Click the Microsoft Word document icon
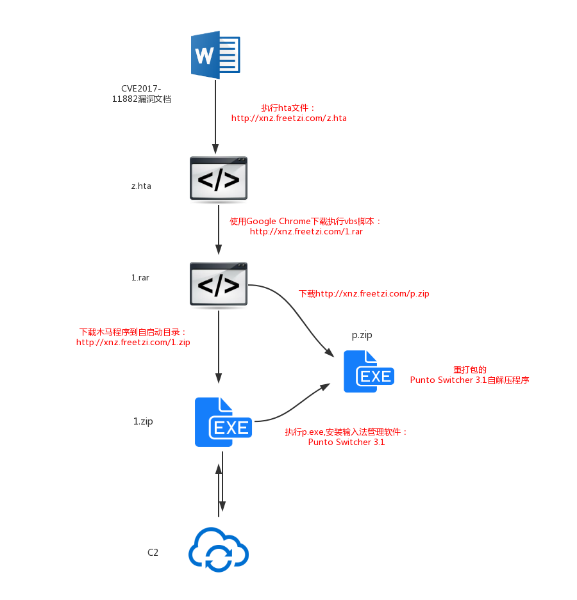coord(215,54)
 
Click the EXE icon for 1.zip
coord(223,422)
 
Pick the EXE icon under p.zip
coord(369,371)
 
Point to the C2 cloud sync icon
coord(219,549)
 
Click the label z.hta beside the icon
coord(142,186)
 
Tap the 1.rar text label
coord(140,277)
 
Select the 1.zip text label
coord(143,421)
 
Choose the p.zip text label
coord(362,335)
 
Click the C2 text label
coord(153,552)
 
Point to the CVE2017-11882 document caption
coord(142,93)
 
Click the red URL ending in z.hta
coord(289,118)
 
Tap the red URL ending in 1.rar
coord(306,232)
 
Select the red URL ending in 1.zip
coord(133,342)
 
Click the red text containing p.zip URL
coord(364,293)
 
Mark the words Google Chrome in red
coord(278,221)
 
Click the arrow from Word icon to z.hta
coord(215,117)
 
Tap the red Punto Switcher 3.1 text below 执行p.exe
coord(346,442)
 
